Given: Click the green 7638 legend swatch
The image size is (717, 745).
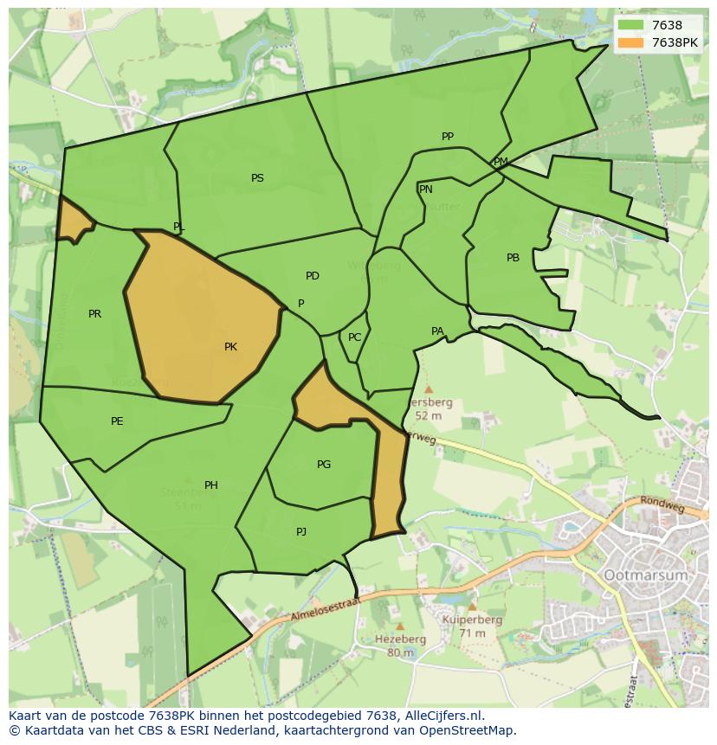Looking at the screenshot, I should tap(631, 26).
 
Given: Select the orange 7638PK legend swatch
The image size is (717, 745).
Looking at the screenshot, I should tap(631, 42).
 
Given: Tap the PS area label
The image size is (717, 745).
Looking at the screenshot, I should tap(257, 178).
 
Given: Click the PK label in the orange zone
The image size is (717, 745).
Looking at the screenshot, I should tap(230, 347).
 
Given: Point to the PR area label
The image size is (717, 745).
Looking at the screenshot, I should tap(94, 314).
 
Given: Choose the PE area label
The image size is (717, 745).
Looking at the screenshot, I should tap(117, 421).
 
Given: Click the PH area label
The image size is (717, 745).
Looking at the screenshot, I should tap(210, 485).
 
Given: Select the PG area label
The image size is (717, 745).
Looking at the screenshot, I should tap(324, 465).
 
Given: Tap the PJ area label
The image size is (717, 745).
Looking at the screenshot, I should tap(301, 532).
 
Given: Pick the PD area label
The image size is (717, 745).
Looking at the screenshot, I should tap(313, 276).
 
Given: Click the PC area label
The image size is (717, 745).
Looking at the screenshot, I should tap(354, 337).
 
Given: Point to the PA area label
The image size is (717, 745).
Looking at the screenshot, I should tap(437, 331).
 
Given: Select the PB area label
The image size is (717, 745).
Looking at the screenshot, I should tap(513, 258).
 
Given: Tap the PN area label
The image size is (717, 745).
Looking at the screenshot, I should tap(425, 189).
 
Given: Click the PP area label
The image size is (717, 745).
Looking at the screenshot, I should tap(448, 137).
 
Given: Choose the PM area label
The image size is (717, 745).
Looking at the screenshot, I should tap(501, 162).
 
